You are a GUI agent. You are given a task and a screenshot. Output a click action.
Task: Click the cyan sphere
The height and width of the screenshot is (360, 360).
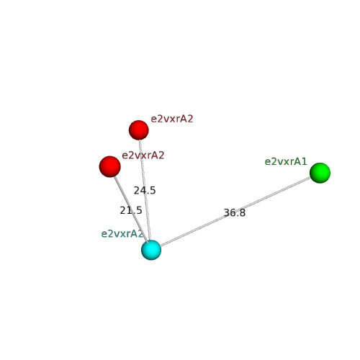(x=151, y=250)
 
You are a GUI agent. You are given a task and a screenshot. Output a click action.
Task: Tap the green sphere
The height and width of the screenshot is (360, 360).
(x=320, y=173)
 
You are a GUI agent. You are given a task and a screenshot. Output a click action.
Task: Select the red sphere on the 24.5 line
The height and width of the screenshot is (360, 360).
(x=139, y=130)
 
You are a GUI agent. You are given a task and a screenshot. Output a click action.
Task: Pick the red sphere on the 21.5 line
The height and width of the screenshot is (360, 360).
(x=110, y=166)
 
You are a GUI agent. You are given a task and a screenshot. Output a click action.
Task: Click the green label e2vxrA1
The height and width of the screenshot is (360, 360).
(x=286, y=162)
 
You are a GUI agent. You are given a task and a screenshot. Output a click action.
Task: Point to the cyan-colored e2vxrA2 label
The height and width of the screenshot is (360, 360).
(x=122, y=234)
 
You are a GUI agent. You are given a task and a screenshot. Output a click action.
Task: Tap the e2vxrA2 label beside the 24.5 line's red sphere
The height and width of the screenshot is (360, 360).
(x=172, y=119)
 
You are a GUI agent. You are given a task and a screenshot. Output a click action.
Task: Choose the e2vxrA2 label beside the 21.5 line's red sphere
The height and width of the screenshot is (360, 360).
(x=143, y=156)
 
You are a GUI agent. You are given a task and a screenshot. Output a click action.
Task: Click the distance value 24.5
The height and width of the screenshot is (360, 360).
(x=145, y=191)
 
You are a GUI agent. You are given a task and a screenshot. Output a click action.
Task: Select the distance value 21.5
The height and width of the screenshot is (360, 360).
(x=131, y=210)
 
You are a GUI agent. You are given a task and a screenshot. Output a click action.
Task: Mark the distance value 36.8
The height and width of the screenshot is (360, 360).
(x=235, y=212)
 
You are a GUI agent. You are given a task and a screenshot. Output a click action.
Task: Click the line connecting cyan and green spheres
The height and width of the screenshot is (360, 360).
(x=235, y=212)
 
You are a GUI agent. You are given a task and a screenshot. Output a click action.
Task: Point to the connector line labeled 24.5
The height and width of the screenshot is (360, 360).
(x=145, y=190)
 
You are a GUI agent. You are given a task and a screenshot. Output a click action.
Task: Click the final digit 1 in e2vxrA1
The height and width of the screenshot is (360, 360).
(x=305, y=162)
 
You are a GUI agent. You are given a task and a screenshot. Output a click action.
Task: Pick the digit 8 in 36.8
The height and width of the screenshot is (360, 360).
(x=243, y=212)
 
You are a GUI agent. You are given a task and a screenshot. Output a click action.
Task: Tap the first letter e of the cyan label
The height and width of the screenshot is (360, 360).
(x=104, y=234)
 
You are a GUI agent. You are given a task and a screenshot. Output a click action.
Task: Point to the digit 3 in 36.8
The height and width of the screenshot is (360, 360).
(x=226, y=212)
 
